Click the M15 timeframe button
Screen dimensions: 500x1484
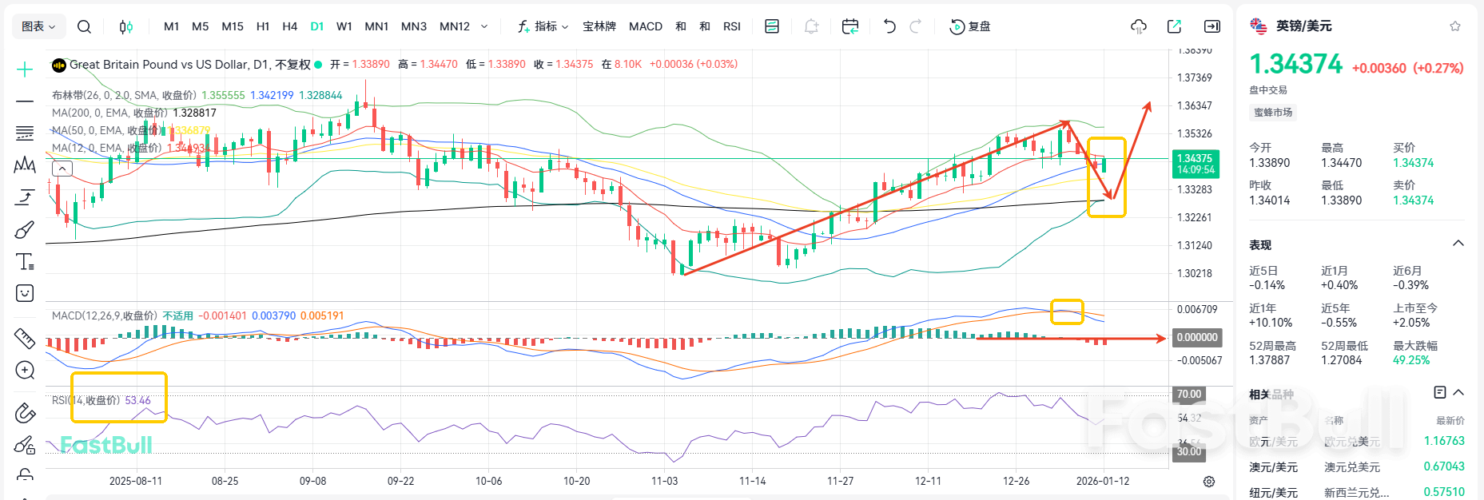[233, 26]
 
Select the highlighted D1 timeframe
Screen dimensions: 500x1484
[317, 26]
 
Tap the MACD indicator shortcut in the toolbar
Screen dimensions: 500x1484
[645, 26]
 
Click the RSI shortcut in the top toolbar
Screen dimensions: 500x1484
[731, 26]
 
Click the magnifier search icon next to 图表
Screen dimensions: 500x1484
[84, 26]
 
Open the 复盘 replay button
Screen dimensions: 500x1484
[969, 26]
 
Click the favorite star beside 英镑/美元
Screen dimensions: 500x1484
[1454, 26]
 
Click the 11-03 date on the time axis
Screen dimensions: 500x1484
[664, 481]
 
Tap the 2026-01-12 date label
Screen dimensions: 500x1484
[1102, 481]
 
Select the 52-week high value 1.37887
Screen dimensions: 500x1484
[1269, 360]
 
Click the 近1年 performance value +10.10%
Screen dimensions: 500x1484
[1270, 323]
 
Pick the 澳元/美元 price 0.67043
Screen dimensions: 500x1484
[1443, 466]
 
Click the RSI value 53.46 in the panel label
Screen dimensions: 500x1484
[137, 400]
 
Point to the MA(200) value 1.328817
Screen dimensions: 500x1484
[194, 113]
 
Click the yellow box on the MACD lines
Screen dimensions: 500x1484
[1066, 312]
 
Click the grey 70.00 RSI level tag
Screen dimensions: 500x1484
[1188, 394]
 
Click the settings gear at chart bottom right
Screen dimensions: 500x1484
[1209, 482]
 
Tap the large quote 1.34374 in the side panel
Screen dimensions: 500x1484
[1295, 64]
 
